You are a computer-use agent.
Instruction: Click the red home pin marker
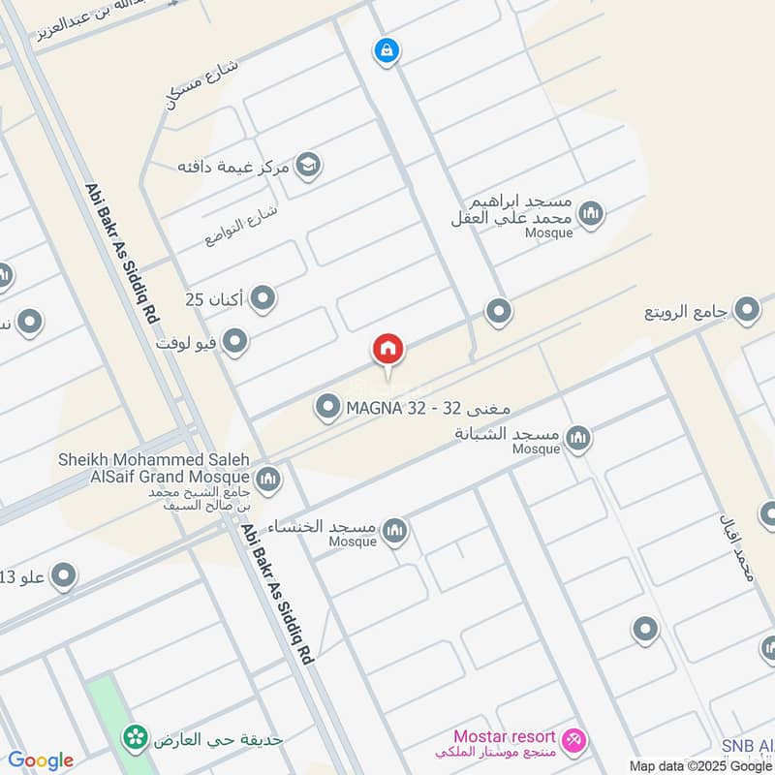pos(387,350)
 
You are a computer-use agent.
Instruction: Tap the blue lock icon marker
pos(386,49)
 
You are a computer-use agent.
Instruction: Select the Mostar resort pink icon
pos(575,741)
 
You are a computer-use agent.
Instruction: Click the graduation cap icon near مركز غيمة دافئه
pos(309,166)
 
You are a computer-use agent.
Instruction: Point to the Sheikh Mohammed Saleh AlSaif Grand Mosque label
pos(154,467)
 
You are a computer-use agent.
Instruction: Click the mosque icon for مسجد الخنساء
pos(394,530)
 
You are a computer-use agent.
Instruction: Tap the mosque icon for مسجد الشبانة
pos(578,438)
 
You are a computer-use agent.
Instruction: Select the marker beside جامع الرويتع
pos(747,310)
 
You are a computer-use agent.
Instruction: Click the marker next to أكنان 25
pos(263,299)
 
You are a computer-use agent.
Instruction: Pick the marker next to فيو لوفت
pos(234,341)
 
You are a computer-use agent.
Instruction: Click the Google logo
pos(41,760)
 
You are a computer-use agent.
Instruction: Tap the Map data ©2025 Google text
pos(700,764)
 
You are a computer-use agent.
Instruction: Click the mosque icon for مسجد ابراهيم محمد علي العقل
pos(591,213)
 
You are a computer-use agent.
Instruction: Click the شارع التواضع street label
pos(241,225)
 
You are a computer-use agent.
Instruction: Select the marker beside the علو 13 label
pos(64,577)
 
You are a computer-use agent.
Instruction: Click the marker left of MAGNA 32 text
pos(328,408)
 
